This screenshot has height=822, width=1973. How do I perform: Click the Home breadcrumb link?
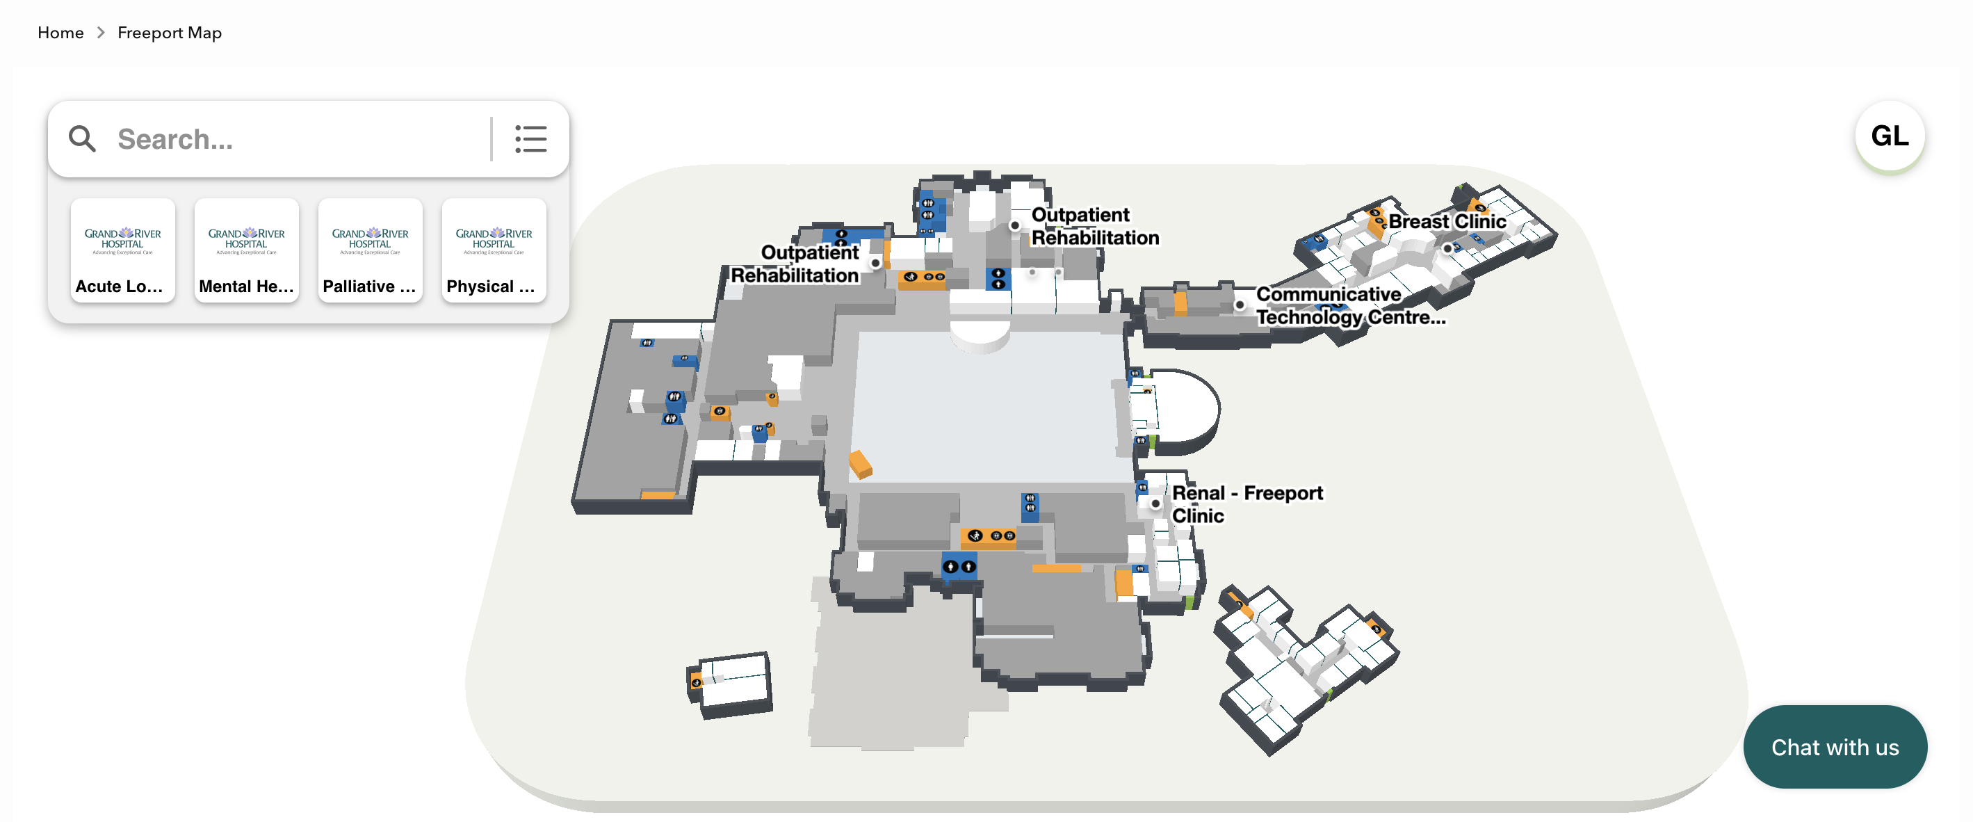pyautogui.click(x=60, y=33)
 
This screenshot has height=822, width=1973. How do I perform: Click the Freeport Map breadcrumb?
pyautogui.click(x=169, y=33)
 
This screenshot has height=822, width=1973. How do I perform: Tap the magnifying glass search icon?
pyautogui.click(x=82, y=139)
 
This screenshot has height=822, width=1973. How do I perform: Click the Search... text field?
pyautogui.click(x=299, y=139)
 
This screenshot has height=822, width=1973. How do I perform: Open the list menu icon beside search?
pyautogui.click(x=530, y=139)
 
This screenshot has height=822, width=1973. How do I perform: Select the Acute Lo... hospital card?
pyautogui.click(x=122, y=250)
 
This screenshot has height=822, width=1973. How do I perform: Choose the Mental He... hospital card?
pyautogui.click(x=246, y=250)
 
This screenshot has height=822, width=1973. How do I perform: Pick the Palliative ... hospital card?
pyautogui.click(x=370, y=250)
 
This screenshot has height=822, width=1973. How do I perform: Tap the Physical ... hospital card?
pyautogui.click(x=494, y=250)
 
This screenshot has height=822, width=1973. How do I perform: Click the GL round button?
pyautogui.click(x=1889, y=136)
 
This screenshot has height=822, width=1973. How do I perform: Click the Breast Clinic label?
pyautogui.click(x=1447, y=221)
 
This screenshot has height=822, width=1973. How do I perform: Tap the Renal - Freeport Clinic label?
pyautogui.click(x=1246, y=503)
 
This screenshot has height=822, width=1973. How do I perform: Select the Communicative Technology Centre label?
pyautogui.click(x=1349, y=306)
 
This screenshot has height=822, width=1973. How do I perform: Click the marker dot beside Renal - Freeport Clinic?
pyautogui.click(x=1155, y=503)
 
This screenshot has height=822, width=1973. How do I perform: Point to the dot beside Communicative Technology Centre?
pyautogui.click(x=1240, y=305)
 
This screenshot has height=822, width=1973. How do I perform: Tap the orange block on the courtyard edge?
pyautogui.click(x=859, y=463)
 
